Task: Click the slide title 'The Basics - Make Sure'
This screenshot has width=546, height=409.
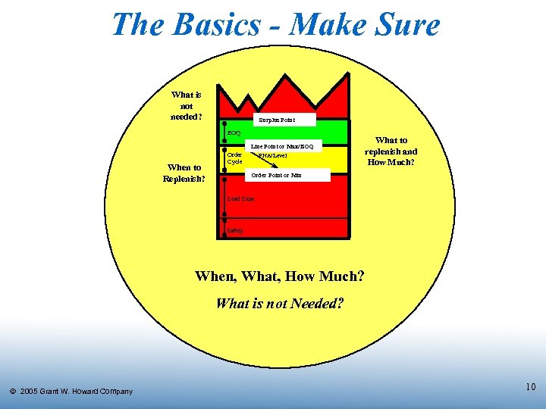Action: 275,24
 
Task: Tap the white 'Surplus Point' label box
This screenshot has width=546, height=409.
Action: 276,120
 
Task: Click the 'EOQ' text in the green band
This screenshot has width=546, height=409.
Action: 234,133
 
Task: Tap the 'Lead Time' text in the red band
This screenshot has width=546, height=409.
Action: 240,198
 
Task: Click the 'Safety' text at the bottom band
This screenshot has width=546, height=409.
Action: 235,230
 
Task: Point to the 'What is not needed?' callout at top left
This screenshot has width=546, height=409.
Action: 187,105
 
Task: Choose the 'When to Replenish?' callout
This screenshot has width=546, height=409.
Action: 184,173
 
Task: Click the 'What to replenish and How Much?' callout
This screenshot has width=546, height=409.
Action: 391,151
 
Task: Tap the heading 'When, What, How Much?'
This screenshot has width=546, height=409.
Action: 279,276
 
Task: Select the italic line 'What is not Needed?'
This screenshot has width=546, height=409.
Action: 280,304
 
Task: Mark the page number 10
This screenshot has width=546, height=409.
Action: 530,387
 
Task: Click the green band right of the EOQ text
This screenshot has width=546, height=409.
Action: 303,133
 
